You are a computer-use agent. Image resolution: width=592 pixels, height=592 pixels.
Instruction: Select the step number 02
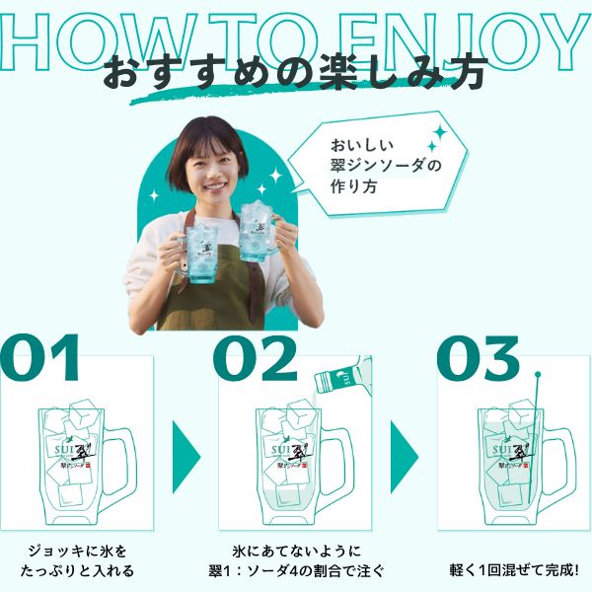coord(254,360)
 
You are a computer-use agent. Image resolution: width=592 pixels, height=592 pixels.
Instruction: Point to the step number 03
coord(478,360)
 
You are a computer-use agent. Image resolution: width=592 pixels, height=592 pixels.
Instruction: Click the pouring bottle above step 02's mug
coord(341,380)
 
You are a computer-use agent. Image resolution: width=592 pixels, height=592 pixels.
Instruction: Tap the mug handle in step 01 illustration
coord(119,464)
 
